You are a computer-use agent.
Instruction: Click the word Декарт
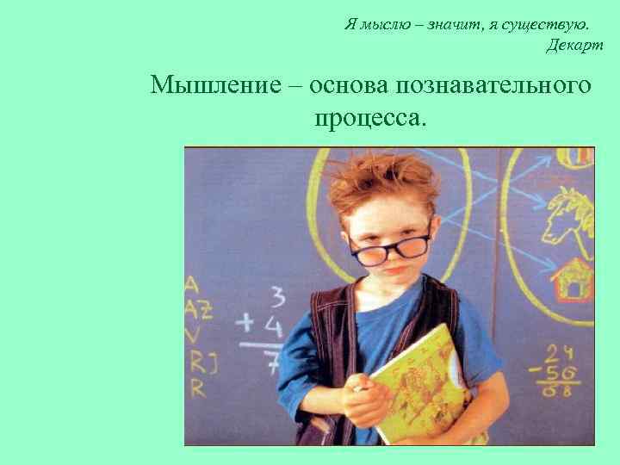click(x=574, y=46)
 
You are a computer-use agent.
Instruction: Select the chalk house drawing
click(x=571, y=280)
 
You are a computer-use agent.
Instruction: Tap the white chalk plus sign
click(x=247, y=324)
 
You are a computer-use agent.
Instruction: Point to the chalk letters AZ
click(x=196, y=308)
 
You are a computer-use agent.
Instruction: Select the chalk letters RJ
click(x=197, y=359)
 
